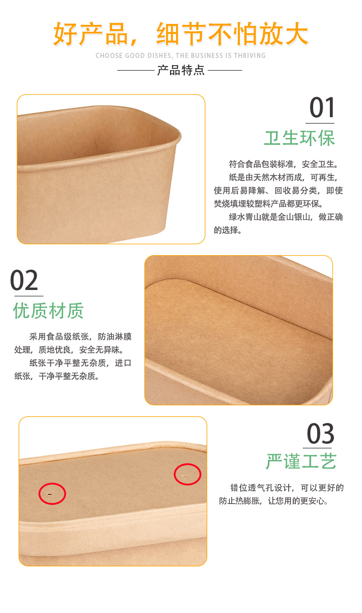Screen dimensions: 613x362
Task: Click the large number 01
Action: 322,108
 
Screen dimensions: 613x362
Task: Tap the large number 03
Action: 320,434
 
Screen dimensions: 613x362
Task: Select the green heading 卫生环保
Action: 300,138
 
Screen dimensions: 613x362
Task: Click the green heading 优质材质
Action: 48,311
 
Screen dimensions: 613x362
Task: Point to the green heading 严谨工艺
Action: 301,462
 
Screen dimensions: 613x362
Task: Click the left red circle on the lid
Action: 52,494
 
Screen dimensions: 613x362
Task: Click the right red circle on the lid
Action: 187,475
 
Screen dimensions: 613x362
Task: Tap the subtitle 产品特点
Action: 181,70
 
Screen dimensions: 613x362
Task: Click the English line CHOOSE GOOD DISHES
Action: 181,56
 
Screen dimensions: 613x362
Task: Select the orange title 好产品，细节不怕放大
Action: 181,34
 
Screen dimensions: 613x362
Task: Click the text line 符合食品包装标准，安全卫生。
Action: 284,164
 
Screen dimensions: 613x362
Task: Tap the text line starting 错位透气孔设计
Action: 287,488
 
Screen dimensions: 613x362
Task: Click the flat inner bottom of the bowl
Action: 235,335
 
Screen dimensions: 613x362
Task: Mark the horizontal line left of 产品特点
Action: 136,70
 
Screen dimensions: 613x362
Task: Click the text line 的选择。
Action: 228,230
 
